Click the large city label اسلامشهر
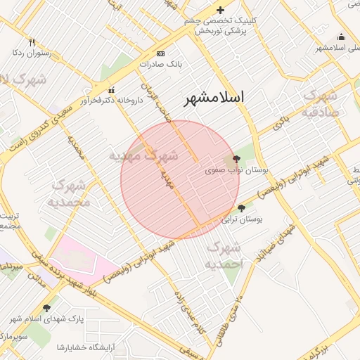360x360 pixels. (214, 98)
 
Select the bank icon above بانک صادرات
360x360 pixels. (161, 53)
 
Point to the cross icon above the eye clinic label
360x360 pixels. (221, 10)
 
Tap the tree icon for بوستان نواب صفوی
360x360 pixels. (236, 159)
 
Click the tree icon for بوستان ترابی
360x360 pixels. (242, 208)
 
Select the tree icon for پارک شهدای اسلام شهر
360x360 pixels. (47, 307)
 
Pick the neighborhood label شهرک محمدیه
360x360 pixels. (69, 193)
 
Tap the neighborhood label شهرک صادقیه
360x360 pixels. (321, 103)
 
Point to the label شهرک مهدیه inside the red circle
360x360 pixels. (145, 155)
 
